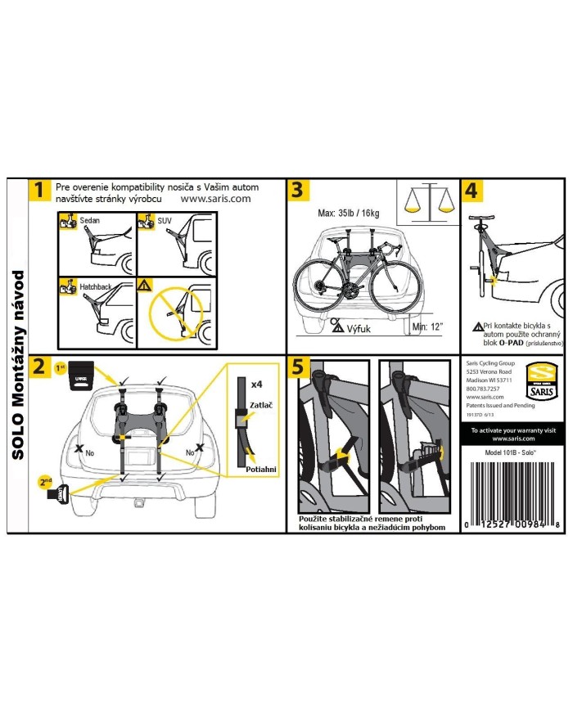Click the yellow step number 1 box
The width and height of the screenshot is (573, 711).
38,191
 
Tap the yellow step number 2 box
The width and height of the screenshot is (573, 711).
38,367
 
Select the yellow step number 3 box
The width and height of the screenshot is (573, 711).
300,191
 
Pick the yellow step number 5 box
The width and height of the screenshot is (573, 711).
300,368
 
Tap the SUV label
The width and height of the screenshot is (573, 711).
165,222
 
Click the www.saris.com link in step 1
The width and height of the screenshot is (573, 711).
215,198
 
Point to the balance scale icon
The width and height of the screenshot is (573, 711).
431,202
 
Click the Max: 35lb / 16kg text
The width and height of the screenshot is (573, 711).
350,214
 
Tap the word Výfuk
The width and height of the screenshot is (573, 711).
359,327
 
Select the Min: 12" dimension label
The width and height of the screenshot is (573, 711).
427,327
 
